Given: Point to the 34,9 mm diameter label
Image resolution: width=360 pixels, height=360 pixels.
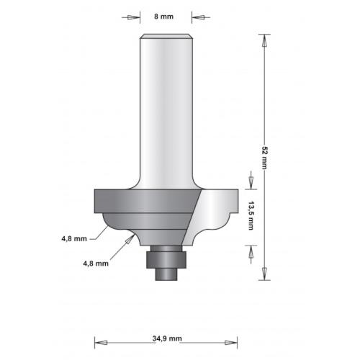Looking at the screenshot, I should click(167, 338).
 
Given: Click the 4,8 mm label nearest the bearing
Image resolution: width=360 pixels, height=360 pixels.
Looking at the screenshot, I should click(96, 263).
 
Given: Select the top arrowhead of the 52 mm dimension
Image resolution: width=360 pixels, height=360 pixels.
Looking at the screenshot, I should click(264, 41).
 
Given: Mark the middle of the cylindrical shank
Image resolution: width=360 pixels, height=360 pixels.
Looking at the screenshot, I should click(166, 108).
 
